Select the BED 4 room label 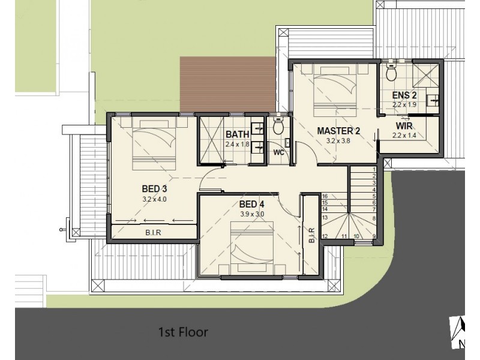click(x=251, y=204)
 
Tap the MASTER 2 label click(x=338, y=131)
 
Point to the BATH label click(x=238, y=136)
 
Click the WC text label click(x=278, y=152)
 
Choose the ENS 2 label click(x=405, y=95)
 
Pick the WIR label click(x=403, y=126)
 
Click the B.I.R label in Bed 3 click(x=154, y=233)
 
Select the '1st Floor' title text click(x=182, y=331)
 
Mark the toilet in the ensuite click(x=391, y=73)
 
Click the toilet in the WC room click(x=278, y=127)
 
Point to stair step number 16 click(x=325, y=196)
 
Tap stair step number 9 click(x=373, y=236)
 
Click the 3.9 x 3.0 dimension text click(x=251, y=214)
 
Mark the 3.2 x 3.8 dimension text click(x=338, y=142)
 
